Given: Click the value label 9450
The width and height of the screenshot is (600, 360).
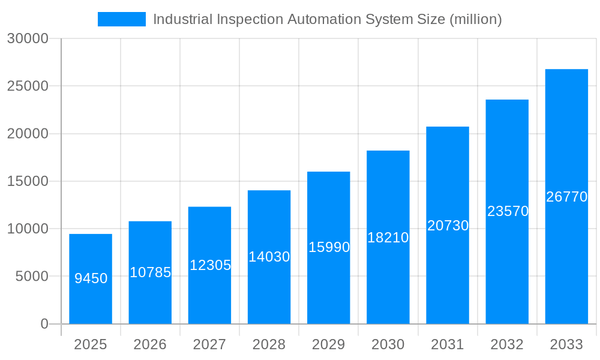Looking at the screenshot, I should (x=91, y=278).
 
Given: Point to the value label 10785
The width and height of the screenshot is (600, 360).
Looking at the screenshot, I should (x=150, y=272).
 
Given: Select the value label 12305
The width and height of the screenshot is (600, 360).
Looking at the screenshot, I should (x=210, y=265).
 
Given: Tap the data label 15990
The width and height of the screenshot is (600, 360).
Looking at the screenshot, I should (x=329, y=247).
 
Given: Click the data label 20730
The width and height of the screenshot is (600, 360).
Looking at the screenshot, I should (x=448, y=226).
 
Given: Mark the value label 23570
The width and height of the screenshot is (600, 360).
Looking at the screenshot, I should (x=508, y=211).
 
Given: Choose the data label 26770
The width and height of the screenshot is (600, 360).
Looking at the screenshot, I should (x=566, y=197).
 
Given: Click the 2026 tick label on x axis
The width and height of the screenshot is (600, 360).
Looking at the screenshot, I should (x=150, y=344).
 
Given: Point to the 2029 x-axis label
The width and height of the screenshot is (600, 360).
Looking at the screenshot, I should (x=329, y=344).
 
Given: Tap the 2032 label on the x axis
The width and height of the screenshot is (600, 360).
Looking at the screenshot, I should (x=508, y=344).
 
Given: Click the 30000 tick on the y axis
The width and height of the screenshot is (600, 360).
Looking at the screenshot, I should (x=28, y=38).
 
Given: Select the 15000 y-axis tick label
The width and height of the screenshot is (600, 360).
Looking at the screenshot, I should (x=28, y=181).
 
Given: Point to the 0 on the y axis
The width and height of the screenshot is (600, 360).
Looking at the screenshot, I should (x=44, y=324).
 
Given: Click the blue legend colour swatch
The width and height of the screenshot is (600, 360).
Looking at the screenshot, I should (x=122, y=19).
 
